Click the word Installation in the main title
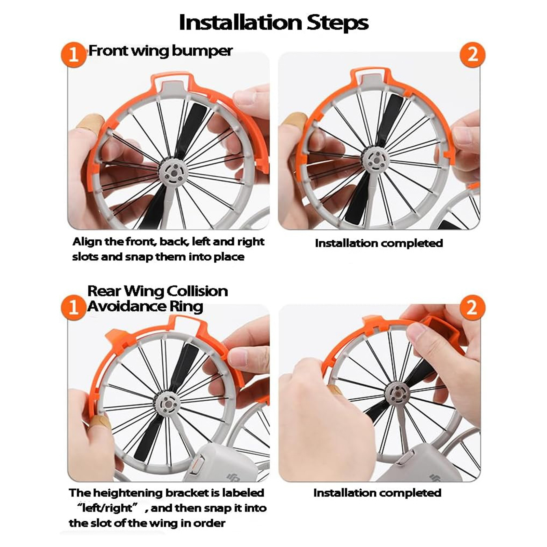pyautogui.click(x=240, y=23)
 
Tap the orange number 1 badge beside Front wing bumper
pyautogui.click(x=74, y=54)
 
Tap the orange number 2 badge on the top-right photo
pyautogui.click(x=472, y=54)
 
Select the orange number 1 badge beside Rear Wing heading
pyautogui.click(x=74, y=307)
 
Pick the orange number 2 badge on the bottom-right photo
pyautogui.click(x=472, y=307)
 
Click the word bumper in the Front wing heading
pyautogui.click(x=202, y=51)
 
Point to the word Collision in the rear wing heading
pyautogui.click(x=197, y=291)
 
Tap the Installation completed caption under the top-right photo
pyautogui.click(x=379, y=243)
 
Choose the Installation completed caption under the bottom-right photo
pyautogui.click(x=377, y=493)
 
